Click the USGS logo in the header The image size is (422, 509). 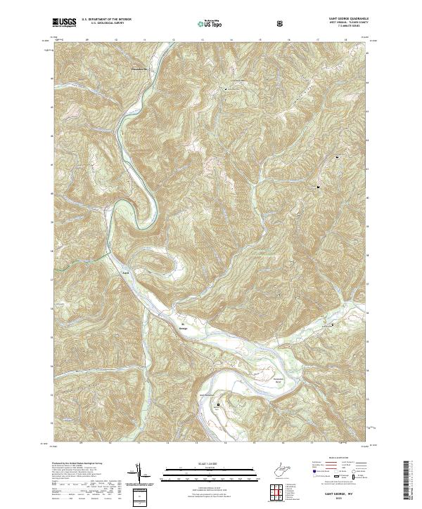(65, 22)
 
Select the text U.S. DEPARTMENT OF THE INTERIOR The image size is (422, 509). (105, 20)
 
